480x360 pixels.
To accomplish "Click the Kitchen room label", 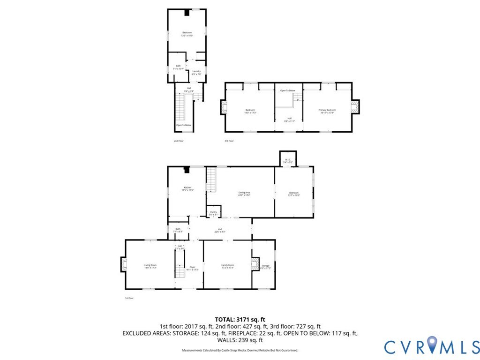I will click(187, 188).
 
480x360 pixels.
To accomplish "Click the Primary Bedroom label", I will click(328, 111).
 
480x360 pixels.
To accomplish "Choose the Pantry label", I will click(213, 213).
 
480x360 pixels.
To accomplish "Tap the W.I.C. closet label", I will click(288, 160).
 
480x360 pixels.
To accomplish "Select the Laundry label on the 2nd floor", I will click(196, 73).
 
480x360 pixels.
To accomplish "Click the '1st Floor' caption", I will click(129, 298).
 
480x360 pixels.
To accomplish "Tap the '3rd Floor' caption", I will click(229, 141).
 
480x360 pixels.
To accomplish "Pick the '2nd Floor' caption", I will click(179, 141).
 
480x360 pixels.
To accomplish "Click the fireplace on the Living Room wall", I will click(124, 264).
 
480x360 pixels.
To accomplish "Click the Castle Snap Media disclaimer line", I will click(240, 350).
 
